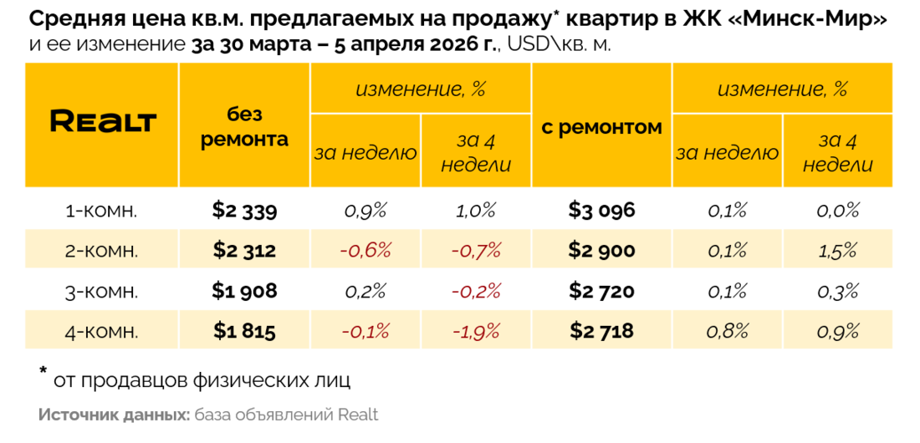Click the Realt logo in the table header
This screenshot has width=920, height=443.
pyautogui.click(x=103, y=122)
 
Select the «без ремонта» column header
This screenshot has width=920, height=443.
pyautogui.click(x=244, y=127)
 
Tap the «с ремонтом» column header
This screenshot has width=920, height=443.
pyautogui.click(x=601, y=127)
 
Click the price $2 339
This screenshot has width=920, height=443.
pyautogui.click(x=244, y=211)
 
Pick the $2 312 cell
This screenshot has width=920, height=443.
pyautogui.click(x=244, y=250)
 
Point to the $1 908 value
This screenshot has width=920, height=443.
pyautogui.click(x=244, y=291)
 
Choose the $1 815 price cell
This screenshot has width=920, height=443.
pyautogui.click(x=244, y=331)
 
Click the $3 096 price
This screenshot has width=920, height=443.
pyautogui.click(x=601, y=211)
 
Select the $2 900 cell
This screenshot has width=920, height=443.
pyautogui.click(x=601, y=250)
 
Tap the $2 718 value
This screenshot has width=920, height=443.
pyautogui.click(x=601, y=331)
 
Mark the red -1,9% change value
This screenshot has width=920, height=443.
pyautogui.click(x=476, y=331)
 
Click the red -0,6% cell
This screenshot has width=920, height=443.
pyautogui.click(x=365, y=250)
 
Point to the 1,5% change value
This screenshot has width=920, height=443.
pyautogui.click(x=838, y=250)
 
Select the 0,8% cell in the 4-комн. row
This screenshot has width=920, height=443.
pyautogui.click(x=728, y=331)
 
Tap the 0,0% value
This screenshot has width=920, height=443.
pyautogui.click(x=838, y=211)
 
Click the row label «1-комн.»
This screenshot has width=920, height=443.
pyautogui.click(x=102, y=211)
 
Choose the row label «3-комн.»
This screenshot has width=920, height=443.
pyautogui.click(x=102, y=291)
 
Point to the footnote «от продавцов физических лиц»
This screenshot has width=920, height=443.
pyautogui.click(x=202, y=380)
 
